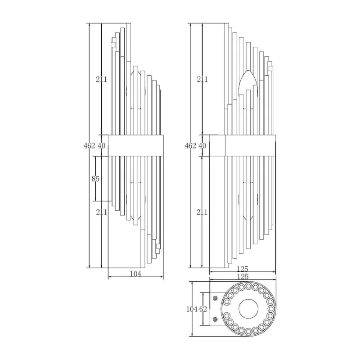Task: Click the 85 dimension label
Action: coord(95,179)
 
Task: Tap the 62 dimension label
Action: coord(203,309)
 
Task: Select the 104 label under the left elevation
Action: coord(135,274)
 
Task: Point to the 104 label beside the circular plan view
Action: coord(192,309)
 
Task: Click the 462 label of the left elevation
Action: coord(89,145)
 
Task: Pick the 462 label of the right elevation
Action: coord(190,145)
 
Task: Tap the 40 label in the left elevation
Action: coord(102,145)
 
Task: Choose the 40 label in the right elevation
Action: coord(202,145)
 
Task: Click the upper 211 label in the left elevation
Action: coord(102,79)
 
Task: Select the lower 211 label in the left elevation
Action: coord(102,212)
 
